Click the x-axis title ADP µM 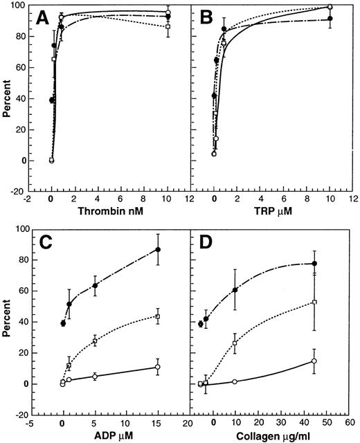[x=109, y=435]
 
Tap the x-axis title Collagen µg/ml [x=269, y=435]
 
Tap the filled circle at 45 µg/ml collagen [x=314, y=264]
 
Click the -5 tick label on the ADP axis [x=30, y=422]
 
